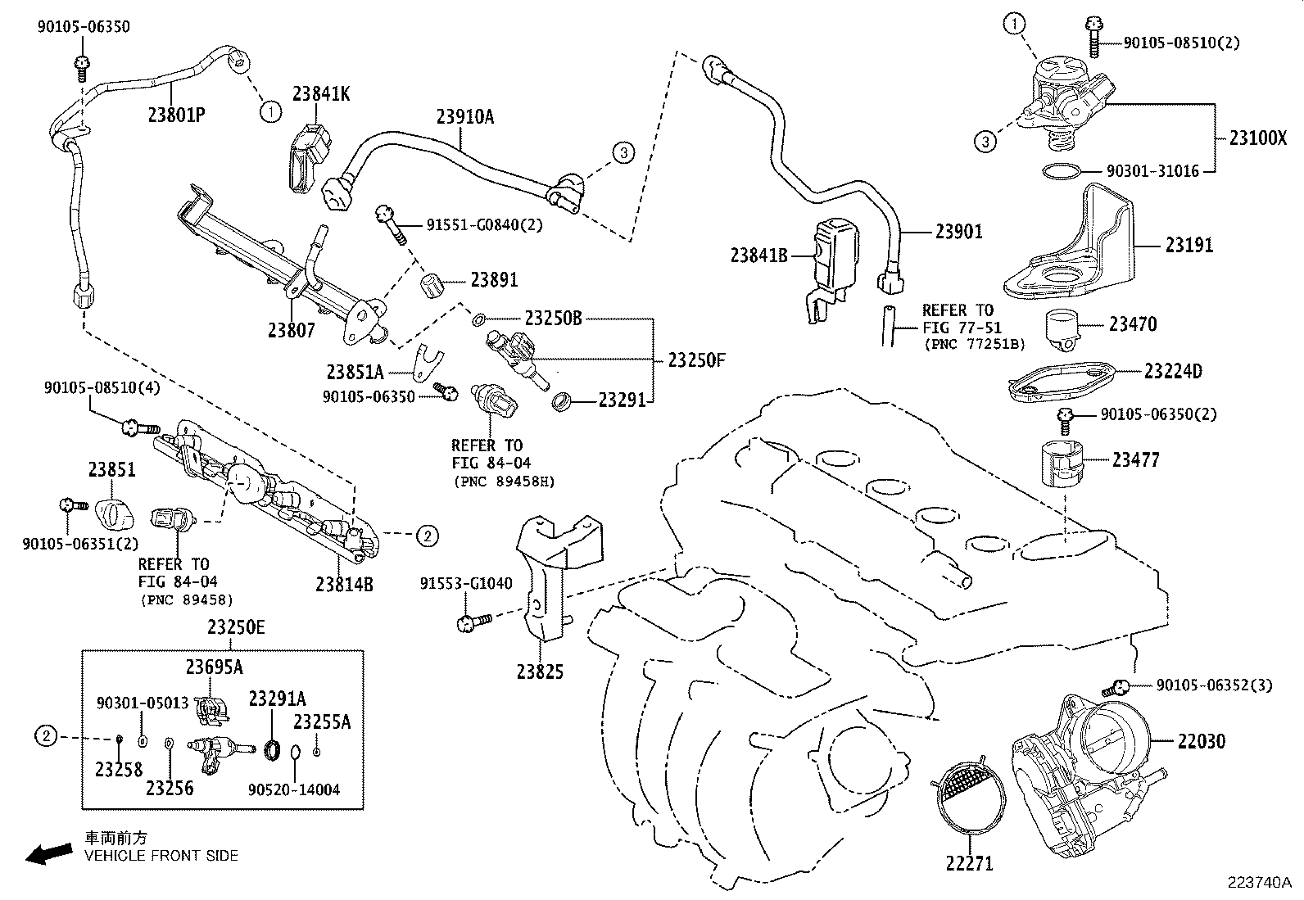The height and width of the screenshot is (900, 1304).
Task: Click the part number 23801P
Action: pos(176,114)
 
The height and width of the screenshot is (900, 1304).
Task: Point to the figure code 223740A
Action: pos(1258,883)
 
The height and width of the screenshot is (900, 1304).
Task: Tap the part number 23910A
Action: pos(464,117)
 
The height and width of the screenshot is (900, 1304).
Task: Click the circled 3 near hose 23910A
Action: pos(623,152)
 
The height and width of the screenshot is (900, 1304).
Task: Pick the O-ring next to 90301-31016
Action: pos(1062,171)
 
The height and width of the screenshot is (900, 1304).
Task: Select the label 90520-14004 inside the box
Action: pos(293,789)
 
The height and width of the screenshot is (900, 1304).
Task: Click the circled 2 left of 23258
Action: pos(47,737)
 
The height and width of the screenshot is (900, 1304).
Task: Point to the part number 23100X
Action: pos(1257,138)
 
